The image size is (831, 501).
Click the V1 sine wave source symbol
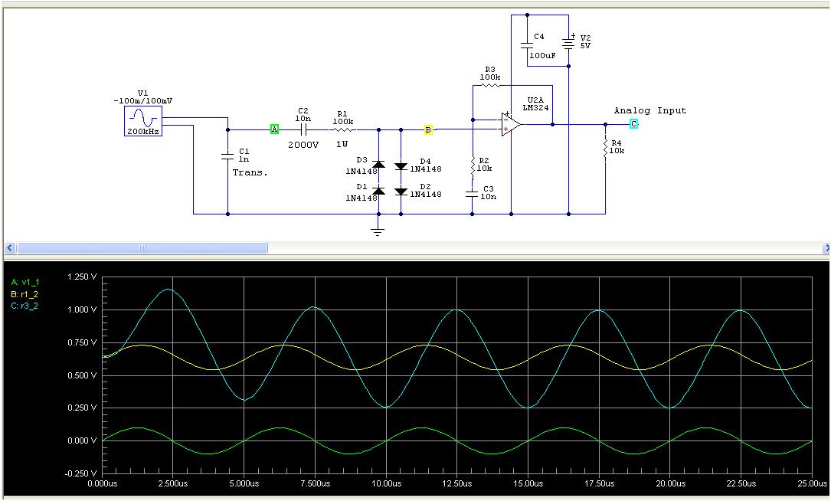143,121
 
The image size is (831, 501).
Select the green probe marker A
274,129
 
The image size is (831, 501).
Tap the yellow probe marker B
428,130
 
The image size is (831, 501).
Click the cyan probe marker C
633,124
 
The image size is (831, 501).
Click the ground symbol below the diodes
377,229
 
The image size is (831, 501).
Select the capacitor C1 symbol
227,156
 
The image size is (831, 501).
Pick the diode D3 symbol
378,163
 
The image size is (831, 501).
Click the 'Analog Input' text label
649,111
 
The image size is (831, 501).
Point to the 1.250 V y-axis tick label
82,277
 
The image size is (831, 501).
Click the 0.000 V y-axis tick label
82,441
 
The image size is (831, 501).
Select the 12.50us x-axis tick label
456,484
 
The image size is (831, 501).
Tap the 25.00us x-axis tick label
811,484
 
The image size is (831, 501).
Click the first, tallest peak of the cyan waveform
168,290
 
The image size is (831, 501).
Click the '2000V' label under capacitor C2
303,144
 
